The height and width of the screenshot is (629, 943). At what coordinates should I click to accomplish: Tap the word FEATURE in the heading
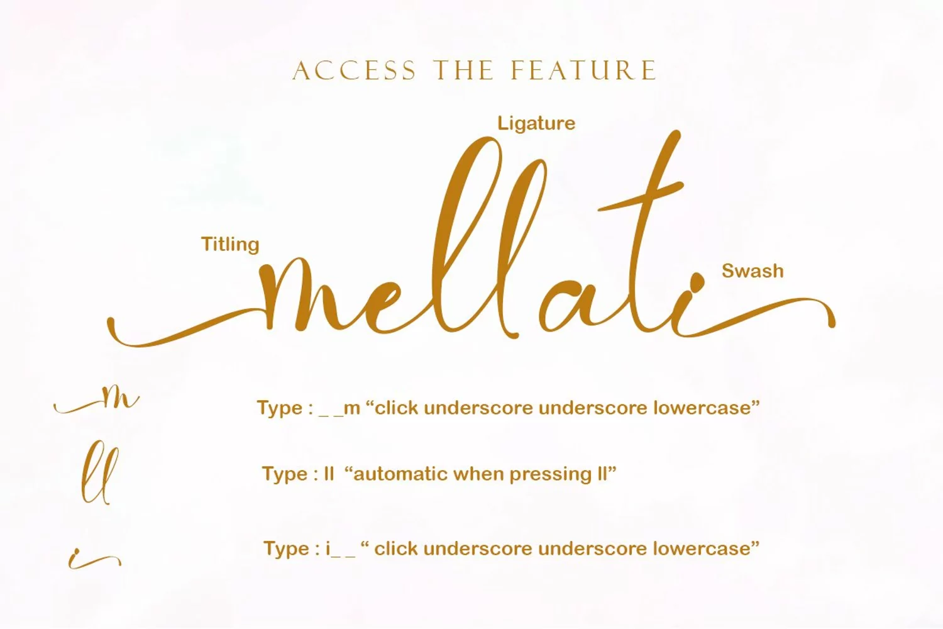coord(583,70)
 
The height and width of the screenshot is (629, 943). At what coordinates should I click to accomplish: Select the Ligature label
coord(536,124)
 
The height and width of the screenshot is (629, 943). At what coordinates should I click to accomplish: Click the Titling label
coord(230,245)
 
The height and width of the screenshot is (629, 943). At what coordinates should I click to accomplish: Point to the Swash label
coord(753,271)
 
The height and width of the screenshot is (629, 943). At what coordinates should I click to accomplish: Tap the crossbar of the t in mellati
coord(641,197)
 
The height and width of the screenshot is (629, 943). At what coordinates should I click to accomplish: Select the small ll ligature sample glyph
coord(100,472)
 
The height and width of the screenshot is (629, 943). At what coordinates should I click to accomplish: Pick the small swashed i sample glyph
coord(95,559)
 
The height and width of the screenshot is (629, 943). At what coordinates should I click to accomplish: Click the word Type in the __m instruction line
coord(280,408)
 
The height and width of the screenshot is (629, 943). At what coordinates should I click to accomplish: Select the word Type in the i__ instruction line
coord(286,549)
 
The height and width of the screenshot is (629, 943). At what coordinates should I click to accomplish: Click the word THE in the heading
coord(464,70)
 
